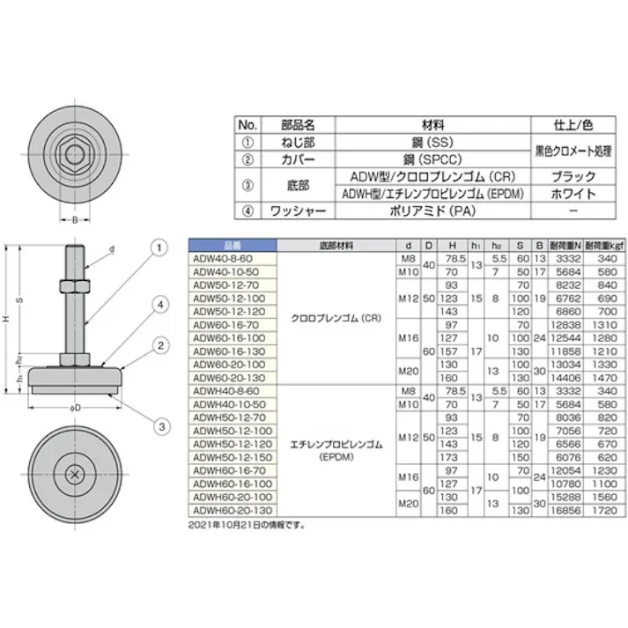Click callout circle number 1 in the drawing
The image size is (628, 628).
[x=159, y=248]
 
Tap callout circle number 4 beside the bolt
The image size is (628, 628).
[x=159, y=305]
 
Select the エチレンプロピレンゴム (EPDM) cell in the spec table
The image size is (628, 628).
[x=336, y=451]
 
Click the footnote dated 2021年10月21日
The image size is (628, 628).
[x=246, y=523]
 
